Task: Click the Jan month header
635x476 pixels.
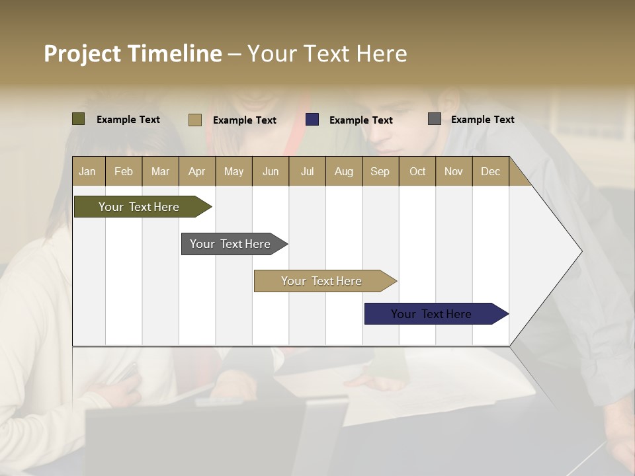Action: (x=88, y=171)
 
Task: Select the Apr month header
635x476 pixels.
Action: (x=197, y=171)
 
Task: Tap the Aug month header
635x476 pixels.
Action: (x=344, y=171)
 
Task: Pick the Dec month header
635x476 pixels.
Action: (x=491, y=171)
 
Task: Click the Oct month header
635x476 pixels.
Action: (x=417, y=171)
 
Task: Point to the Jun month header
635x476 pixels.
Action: (x=271, y=171)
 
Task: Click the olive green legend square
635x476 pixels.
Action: (x=79, y=119)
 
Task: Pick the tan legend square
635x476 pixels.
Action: (x=195, y=120)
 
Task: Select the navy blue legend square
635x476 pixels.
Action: (x=312, y=120)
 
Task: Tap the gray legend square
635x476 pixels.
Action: (x=435, y=119)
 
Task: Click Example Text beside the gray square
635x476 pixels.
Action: (x=482, y=120)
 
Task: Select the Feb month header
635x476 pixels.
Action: (x=124, y=171)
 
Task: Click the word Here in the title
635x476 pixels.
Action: (x=382, y=54)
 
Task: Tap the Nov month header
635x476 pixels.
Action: (x=454, y=171)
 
